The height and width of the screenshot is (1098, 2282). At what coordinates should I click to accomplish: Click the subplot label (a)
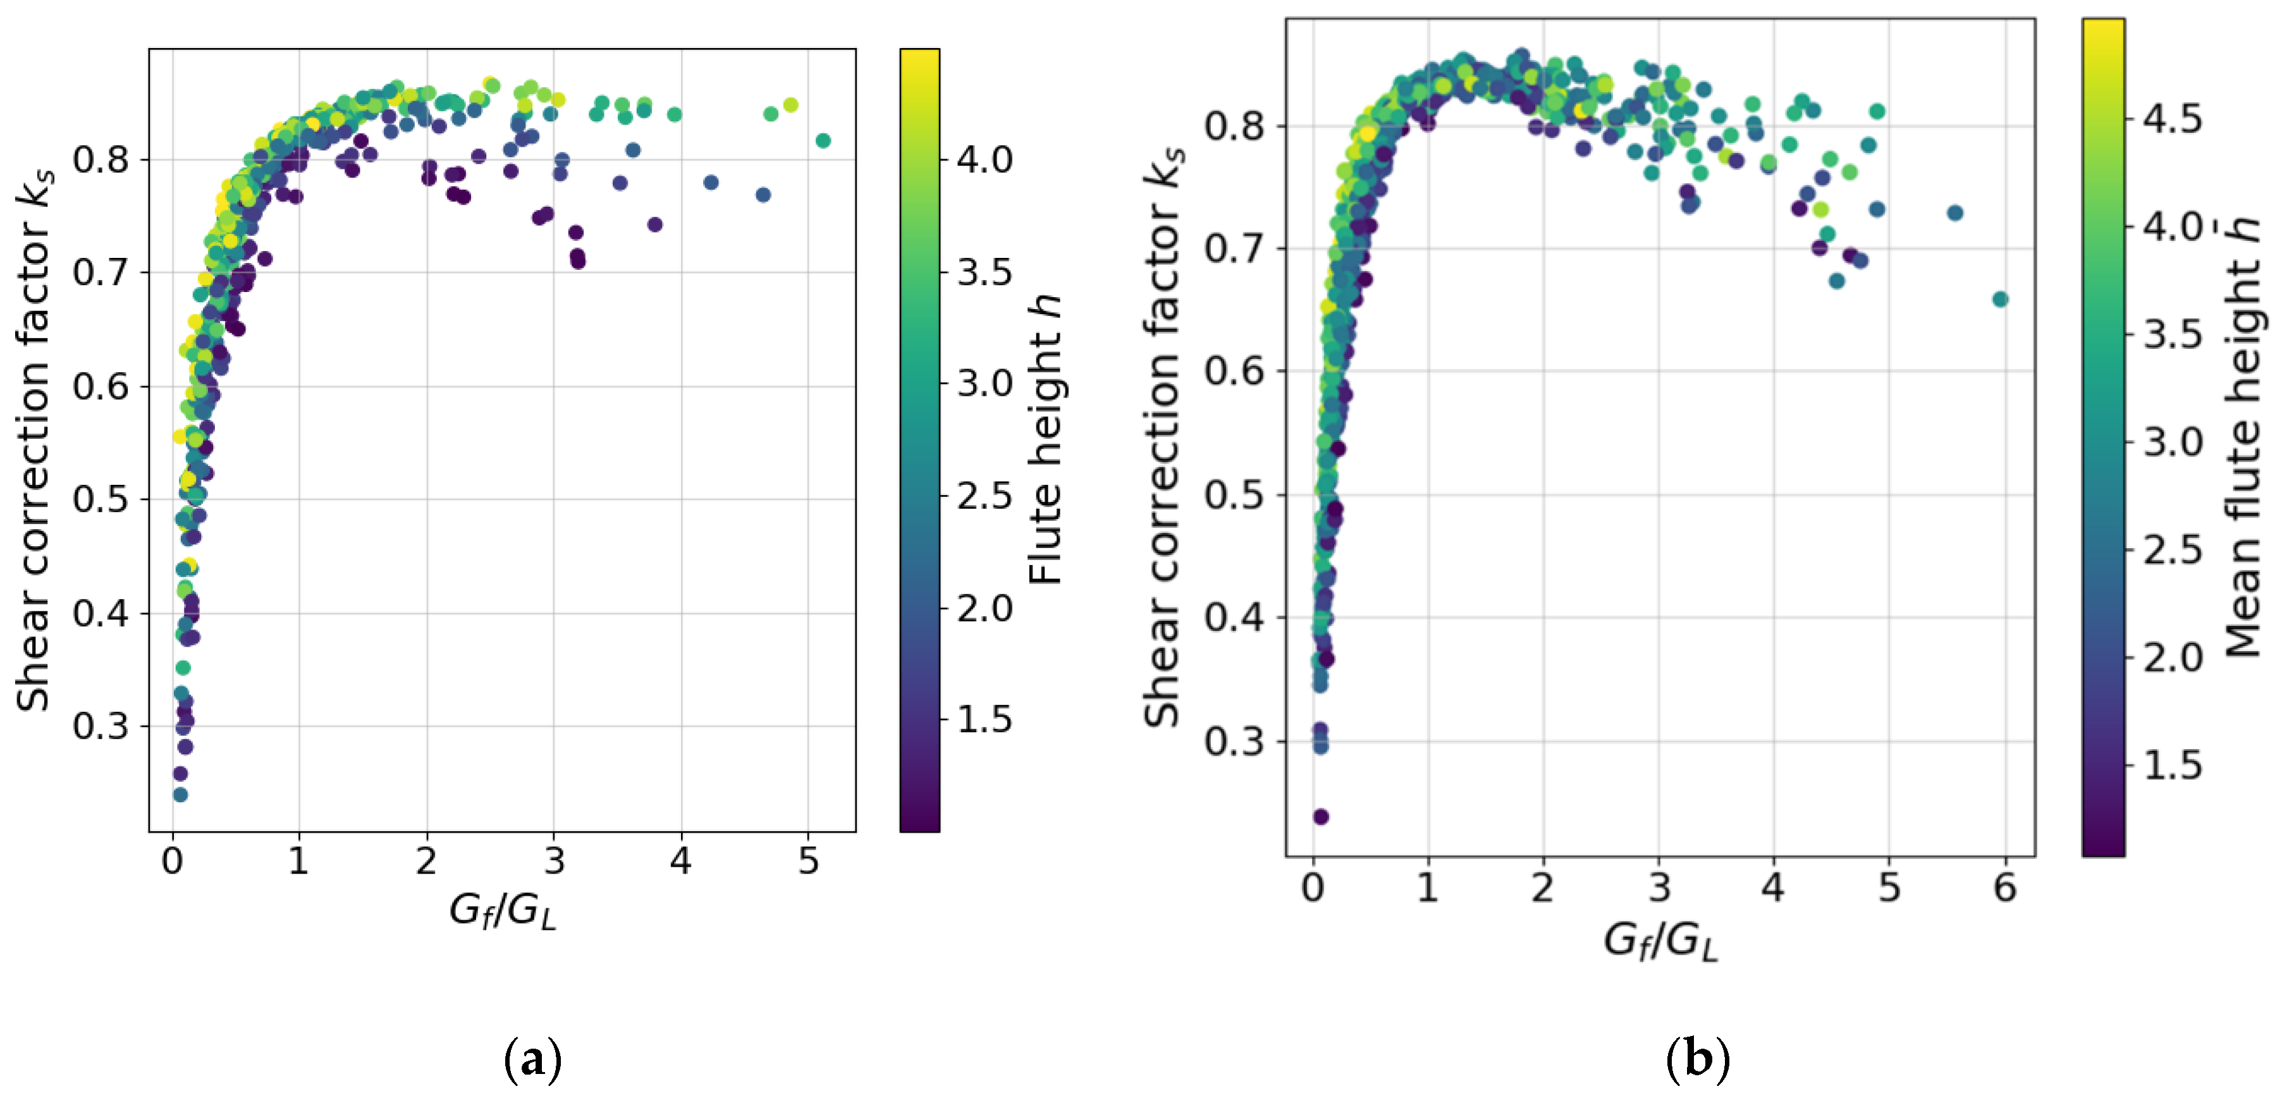coord(532,1059)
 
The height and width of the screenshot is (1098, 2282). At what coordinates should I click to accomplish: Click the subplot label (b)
coord(1697,1059)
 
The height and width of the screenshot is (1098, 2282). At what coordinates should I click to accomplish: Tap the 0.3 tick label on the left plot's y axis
coord(100,726)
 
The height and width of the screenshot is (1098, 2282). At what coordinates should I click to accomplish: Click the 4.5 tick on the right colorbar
coord(2172,119)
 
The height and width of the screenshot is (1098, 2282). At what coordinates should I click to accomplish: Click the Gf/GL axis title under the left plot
coord(502,910)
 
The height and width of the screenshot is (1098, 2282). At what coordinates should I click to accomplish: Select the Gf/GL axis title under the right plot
coord(1660,941)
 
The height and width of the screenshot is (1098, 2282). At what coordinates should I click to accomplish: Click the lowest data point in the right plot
coord(1320,817)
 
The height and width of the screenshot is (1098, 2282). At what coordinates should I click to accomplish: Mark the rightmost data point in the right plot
coord(2000,299)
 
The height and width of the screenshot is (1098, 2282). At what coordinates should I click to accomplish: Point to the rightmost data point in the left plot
coord(823,141)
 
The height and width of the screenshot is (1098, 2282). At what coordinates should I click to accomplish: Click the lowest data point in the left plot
coord(180,795)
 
